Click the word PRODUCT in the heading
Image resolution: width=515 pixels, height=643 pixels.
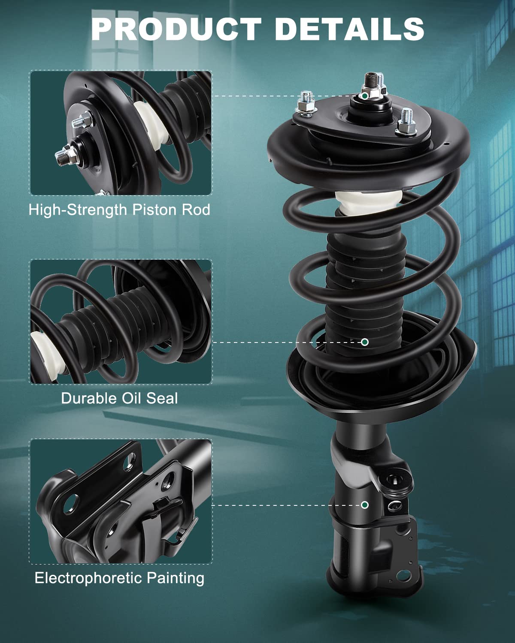[x=176, y=29]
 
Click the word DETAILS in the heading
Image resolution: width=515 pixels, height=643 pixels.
[x=349, y=29]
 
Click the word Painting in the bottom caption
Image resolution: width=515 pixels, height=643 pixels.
[x=176, y=578]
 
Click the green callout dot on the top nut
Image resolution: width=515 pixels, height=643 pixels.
[x=365, y=96]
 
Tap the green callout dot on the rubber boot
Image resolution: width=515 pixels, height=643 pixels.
[x=364, y=342]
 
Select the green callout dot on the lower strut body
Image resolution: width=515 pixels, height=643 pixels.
[x=364, y=505]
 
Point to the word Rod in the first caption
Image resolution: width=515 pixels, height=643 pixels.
[x=196, y=210]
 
